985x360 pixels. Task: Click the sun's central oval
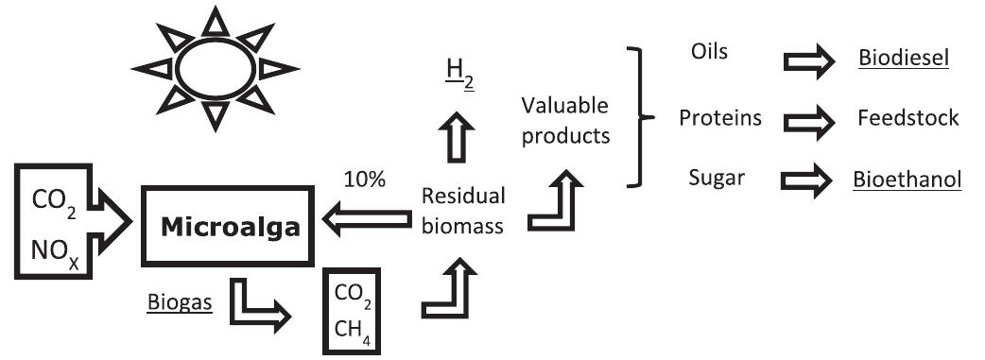216,69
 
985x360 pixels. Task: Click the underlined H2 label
459,78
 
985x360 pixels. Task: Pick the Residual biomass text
462,211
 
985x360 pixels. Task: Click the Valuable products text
565,119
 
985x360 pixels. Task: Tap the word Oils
710,51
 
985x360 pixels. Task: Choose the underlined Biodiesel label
903,60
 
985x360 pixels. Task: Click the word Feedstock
908,118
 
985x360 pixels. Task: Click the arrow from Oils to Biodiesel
808,60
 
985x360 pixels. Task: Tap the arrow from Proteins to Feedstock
808,120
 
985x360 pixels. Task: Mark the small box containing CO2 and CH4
352,311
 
